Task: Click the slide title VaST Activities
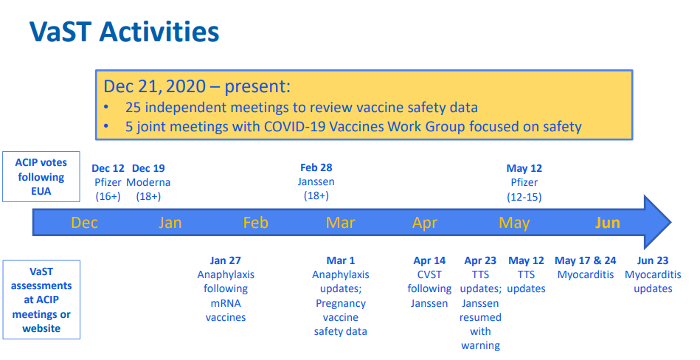[124, 31]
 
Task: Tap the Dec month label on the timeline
[84, 223]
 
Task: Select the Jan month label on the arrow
[170, 223]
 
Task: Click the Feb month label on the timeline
[256, 223]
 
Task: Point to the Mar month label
[341, 223]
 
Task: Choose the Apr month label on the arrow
[425, 223]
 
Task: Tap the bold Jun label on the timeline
[608, 223]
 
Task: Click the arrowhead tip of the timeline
[671, 222]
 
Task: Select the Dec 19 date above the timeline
[149, 168]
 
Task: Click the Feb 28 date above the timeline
[316, 168]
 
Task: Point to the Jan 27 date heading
[226, 260]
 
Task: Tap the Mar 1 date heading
[341, 260]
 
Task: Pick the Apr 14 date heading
[429, 260]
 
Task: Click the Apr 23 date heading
[480, 260]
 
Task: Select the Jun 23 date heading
[653, 260]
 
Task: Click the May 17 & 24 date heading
[585, 260]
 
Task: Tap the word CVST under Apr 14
[429, 274]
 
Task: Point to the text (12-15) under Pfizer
[524, 197]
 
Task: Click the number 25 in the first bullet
[133, 108]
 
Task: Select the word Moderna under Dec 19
[148, 183]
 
